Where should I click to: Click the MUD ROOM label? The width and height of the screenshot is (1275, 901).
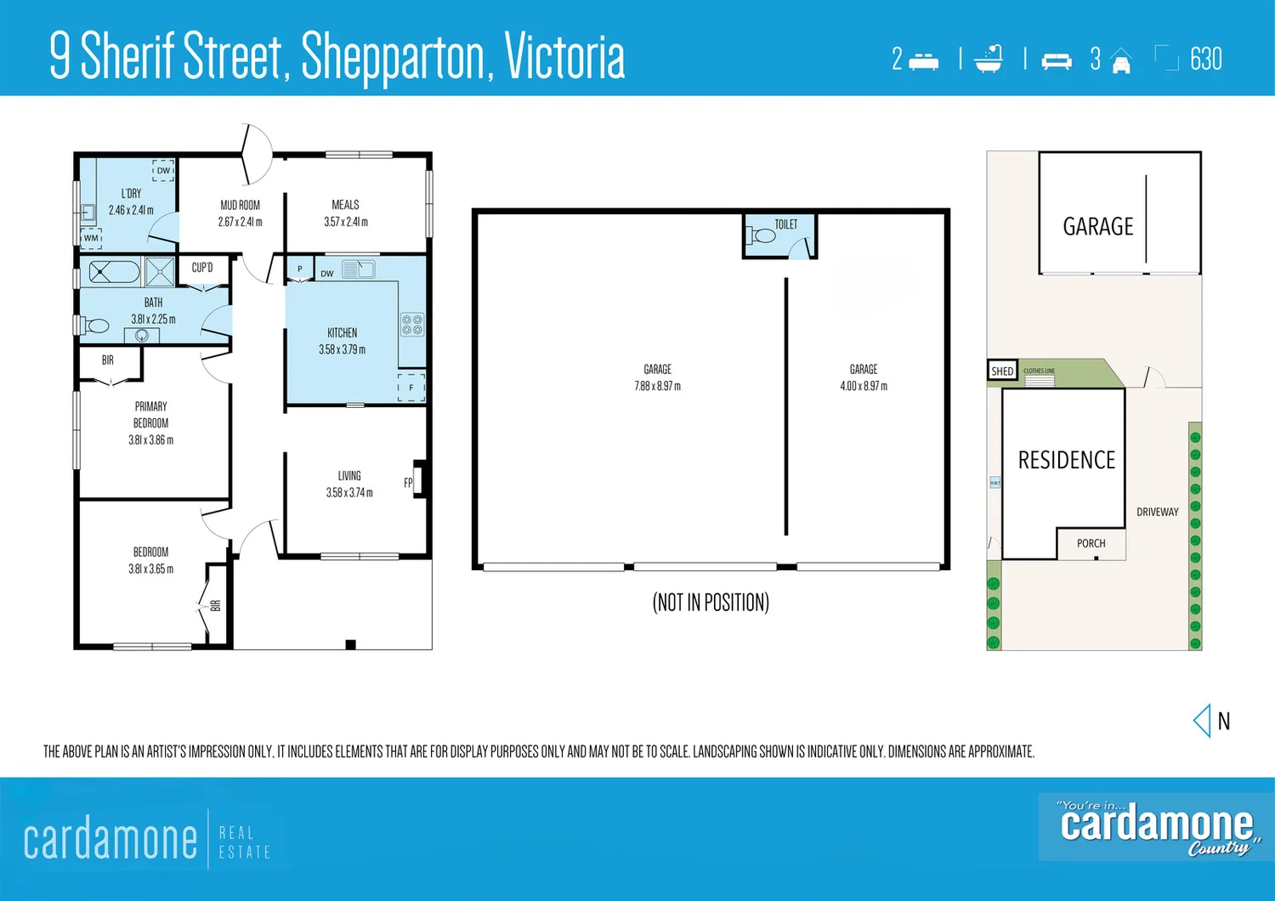click(240, 205)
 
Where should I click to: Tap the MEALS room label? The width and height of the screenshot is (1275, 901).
click(345, 205)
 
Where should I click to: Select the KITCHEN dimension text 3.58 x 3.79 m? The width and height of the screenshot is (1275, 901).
click(342, 349)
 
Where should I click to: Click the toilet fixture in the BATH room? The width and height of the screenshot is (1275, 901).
click(96, 326)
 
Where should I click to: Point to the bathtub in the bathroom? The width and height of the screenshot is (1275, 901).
click(114, 273)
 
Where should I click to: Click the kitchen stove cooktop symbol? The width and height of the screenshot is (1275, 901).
click(412, 325)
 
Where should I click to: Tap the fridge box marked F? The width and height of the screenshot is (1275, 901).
click(411, 387)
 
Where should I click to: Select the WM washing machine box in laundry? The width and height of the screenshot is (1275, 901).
click(91, 238)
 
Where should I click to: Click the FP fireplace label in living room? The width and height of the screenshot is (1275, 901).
click(408, 483)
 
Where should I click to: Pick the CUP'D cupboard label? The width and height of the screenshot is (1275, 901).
click(202, 268)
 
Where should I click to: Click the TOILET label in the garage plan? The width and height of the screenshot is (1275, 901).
click(786, 224)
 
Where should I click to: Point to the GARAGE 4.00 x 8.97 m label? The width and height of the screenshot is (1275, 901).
click(864, 377)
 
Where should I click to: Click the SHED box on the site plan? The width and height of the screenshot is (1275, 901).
click(1002, 371)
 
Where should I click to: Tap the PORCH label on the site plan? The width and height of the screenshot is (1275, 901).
click(1091, 543)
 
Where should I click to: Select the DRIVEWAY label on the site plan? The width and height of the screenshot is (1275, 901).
click(1157, 512)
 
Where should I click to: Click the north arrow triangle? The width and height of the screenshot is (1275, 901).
click(1202, 721)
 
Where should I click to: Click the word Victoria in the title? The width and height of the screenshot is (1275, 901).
click(564, 58)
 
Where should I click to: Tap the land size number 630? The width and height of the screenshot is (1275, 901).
click(1205, 59)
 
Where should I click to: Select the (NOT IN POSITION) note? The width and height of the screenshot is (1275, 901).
click(711, 603)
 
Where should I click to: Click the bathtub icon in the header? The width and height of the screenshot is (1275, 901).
click(989, 59)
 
